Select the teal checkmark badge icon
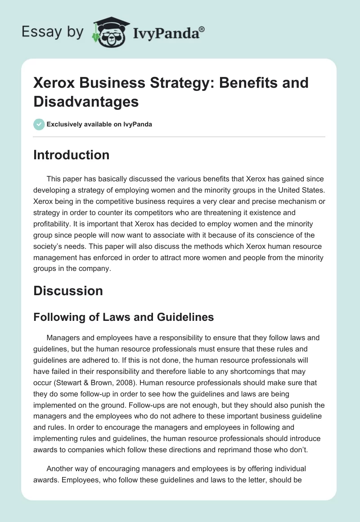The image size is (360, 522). pos(39,124)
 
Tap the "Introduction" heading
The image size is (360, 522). pos(72,155)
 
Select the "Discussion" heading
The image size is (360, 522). pos(68,291)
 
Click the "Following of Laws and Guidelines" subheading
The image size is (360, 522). pos(124,317)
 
